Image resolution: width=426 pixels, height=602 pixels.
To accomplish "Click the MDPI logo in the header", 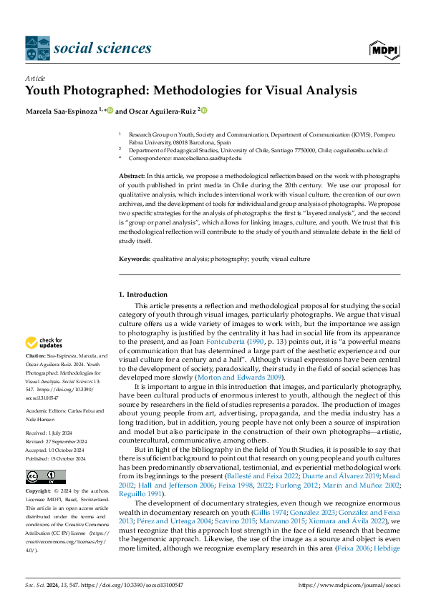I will [x=384, y=48].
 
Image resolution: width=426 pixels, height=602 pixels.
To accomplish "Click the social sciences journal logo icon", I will [x=37, y=48].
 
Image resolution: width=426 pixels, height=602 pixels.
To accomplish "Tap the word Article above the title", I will [x=34, y=78].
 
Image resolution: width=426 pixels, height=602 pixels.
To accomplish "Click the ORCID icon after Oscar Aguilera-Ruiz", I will [x=204, y=110].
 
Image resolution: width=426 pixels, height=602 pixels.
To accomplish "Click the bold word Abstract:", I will [x=130, y=175].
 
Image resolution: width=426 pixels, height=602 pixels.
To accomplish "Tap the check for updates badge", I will [x=44, y=343].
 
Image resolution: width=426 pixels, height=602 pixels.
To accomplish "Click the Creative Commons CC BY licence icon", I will [x=46, y=477].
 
